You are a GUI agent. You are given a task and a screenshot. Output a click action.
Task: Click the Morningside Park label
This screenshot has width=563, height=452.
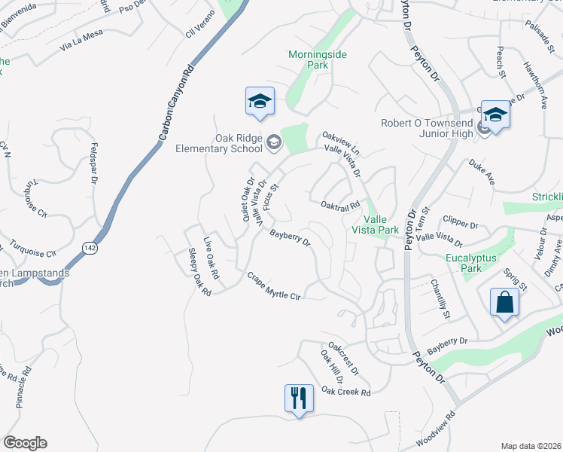click(x=309, y=60)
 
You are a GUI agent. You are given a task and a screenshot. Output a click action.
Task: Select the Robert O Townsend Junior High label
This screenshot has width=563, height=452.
click(x=427, y=128)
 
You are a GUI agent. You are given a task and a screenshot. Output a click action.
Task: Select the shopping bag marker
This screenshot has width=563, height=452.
click(x=505, y=303)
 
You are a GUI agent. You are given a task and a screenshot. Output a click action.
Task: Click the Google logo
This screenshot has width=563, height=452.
click(x=25, y=443)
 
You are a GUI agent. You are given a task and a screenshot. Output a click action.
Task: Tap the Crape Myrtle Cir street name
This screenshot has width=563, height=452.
click(x=274, y=286)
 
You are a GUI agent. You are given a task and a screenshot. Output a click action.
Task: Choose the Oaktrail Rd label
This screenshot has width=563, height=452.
click(x=341, y=204)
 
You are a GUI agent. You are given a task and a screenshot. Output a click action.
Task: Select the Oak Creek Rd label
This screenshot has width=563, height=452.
click(x=346, y=392)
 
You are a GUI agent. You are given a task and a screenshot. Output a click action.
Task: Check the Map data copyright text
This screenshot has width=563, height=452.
click(x=531, y=445)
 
